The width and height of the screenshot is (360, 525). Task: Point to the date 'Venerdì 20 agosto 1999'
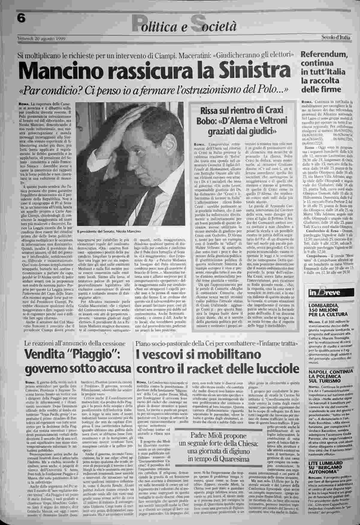coord(42,39)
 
